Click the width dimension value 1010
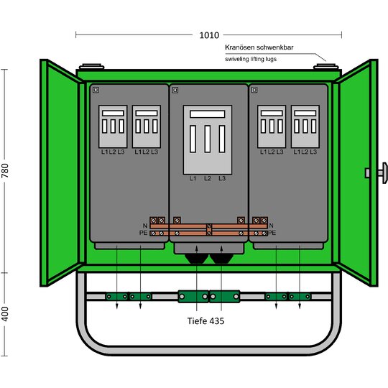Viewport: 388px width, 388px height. pos(209,35)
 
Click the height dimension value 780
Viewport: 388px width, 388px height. pos(5,170)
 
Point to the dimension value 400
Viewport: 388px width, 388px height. pos(5,314)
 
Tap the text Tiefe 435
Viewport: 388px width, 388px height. pos(205,320)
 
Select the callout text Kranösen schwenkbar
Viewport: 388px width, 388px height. pos(259,47)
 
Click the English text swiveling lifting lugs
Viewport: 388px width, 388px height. pos(251,59)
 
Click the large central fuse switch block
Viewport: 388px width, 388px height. pos(208,140)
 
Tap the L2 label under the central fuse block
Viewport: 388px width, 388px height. pos(208,178)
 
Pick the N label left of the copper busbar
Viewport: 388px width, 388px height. pos(145,226)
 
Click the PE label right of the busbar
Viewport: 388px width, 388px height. pos(272,233)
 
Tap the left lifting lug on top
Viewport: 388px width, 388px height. pos(91,66)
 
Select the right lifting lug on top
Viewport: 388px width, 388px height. pos(326,66)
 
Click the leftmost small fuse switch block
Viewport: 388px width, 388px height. pos(113,126)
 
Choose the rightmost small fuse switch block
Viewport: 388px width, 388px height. pos(305,126)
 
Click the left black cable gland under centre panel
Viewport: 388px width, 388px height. pos(196,259)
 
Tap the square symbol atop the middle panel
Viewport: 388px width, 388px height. pos(175,90)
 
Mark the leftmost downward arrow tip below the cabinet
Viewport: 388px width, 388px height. pos(117,309)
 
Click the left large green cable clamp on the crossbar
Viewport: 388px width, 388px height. pos(193,296)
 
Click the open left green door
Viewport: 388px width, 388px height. pos(62,173)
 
